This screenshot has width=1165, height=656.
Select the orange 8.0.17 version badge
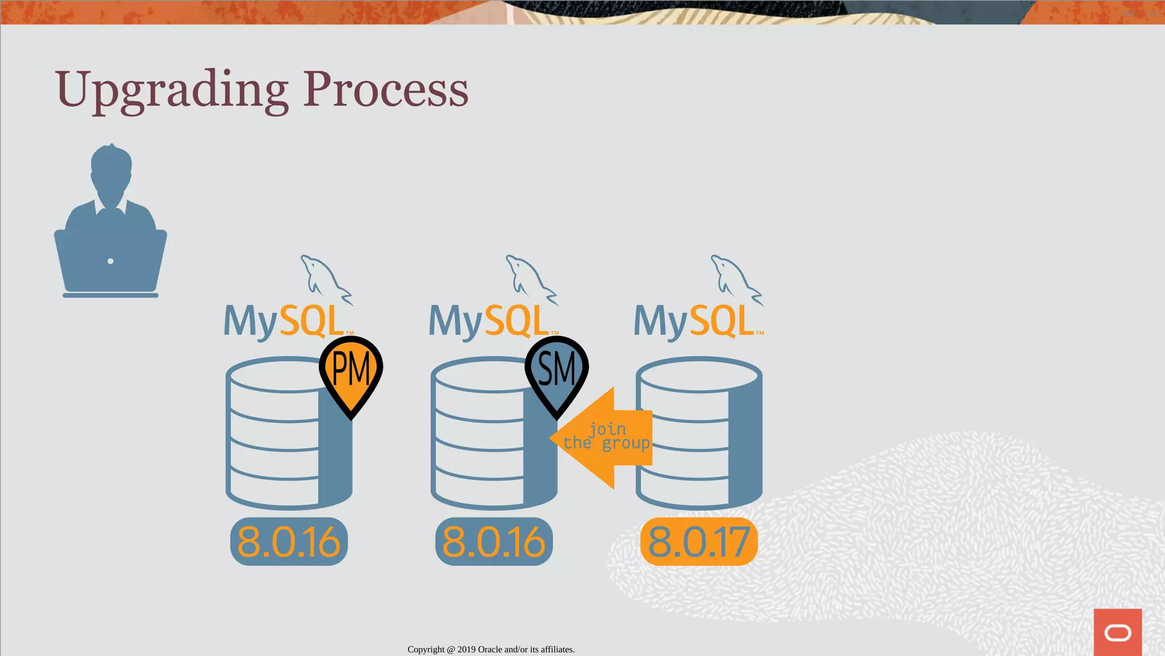coord(699,542)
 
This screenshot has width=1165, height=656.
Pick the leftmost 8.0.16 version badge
coord(289,542)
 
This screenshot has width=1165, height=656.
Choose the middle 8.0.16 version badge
coord(494,542)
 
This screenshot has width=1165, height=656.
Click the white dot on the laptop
coord(110,261)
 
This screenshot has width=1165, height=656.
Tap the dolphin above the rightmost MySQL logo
coord(736,279)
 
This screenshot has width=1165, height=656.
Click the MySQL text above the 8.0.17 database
coord(694,322)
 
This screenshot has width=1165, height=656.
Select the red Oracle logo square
coord(1117,632)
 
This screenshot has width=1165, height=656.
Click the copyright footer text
coord(491,649)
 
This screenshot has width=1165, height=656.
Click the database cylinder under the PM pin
coord(279,444)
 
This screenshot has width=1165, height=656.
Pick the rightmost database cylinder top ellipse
coord(699,375)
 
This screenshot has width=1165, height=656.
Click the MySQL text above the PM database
coord(284,322)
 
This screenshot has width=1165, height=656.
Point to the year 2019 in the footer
coord(466,649)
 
